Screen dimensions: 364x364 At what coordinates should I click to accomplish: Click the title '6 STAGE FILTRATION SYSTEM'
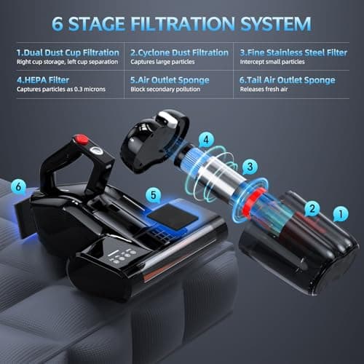click(181, 24)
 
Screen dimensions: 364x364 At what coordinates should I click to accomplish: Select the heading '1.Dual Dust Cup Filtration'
click(68, 52)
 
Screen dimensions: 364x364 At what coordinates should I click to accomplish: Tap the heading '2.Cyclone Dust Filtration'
click(179, 52)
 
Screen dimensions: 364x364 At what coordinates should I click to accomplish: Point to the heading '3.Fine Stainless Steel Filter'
click(293, 52)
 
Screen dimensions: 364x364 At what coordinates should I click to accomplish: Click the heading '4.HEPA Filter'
click(43, 80)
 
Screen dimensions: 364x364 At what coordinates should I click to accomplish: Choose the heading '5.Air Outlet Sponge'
click(170, 80)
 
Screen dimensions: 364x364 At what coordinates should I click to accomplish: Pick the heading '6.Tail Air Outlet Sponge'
click(288, 80)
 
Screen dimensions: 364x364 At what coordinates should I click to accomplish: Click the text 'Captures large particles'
click(162, 62)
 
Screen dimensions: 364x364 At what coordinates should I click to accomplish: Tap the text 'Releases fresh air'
click(264, 90)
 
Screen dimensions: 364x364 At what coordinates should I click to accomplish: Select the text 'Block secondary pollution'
click(165, 90)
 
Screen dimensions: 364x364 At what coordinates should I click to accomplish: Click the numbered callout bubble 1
click(341, 214)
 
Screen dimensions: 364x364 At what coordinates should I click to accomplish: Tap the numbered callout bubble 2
click(312, 209)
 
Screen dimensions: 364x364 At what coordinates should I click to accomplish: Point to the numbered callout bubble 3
click(250, 167)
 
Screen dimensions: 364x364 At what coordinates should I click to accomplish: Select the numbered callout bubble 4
click(206, 140)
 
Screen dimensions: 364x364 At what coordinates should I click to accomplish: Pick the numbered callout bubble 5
click(154, 195)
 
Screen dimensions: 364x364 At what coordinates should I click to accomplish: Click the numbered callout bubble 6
click(18, 187)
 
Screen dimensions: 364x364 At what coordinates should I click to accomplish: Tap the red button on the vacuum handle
click(82, 140)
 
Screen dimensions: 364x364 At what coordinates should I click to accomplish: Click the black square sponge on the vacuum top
click(173, 217)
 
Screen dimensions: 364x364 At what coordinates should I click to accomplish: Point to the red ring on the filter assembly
click(253, 202)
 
